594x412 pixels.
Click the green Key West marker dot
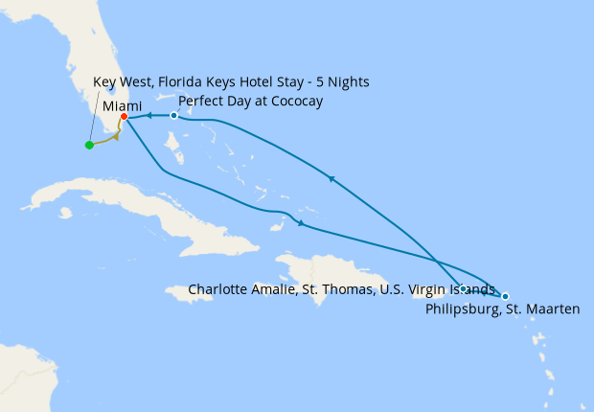click(89, 146)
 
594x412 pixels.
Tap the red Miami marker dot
click(124, 117)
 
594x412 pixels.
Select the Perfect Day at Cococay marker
click(173, 116)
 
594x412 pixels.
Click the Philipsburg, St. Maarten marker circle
click(505, 296)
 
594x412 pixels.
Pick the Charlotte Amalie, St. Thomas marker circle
click(463, 288)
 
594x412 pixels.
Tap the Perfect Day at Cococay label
click(250, 101)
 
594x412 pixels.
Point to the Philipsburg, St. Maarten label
click(502, 309)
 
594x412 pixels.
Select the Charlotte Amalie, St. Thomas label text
click(341, 288)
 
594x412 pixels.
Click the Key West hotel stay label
click(231, 82)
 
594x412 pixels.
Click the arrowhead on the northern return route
click(331, 178)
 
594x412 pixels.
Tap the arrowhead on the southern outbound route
click(302, 224)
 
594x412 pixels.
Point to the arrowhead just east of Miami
click(150, 116)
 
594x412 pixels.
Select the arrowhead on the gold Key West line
click(116, 136)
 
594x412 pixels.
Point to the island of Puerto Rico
click(422, 286)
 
